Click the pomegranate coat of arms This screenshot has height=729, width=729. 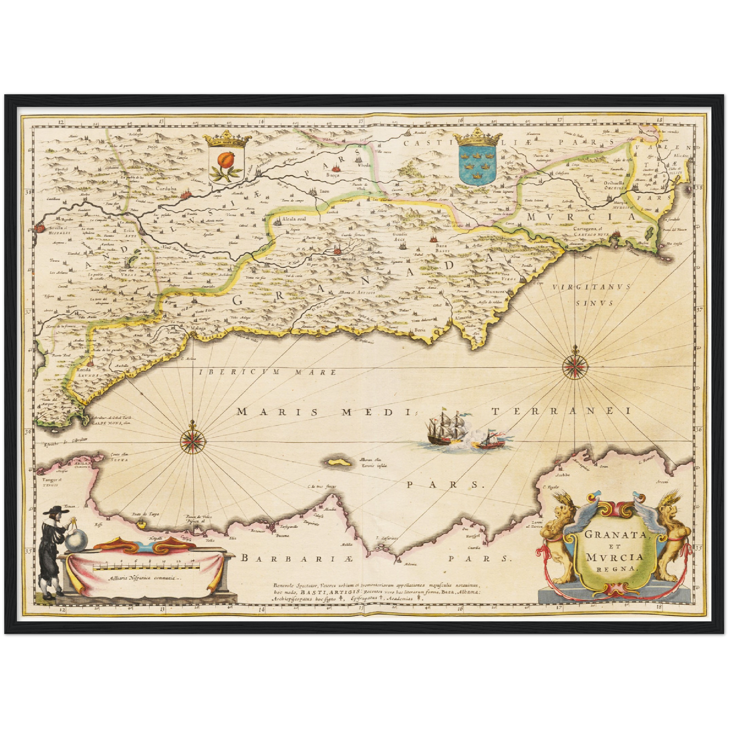tap(225, 159)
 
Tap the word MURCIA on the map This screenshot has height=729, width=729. tap(580, 217)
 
